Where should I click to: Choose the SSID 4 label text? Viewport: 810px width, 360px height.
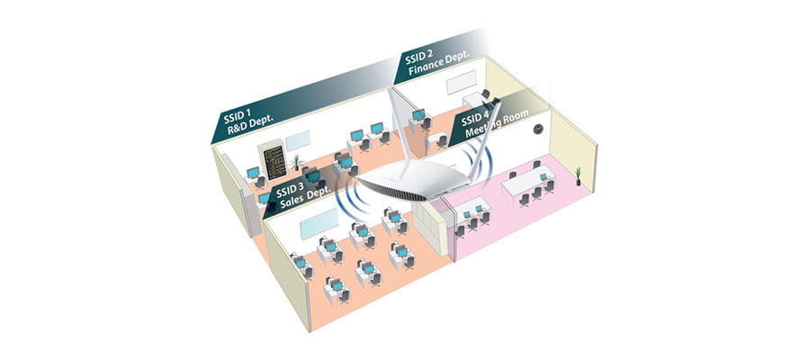(475, 117)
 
